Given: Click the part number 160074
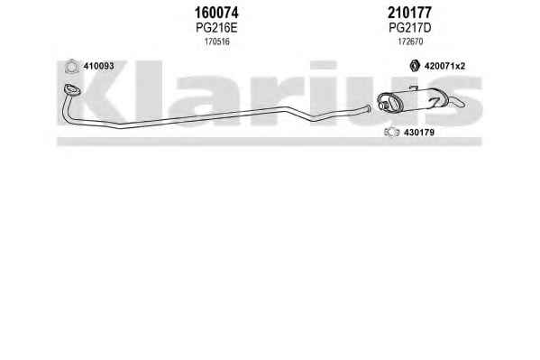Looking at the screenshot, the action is click(x=216, y=14).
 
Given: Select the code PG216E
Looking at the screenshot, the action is click(x=216, y=28).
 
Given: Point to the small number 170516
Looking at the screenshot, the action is click(x=217, y=42).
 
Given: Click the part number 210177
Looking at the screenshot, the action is click(x=409, y=14).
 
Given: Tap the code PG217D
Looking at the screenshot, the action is click(x=410, y=28).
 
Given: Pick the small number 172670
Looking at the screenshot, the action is click(x=410, y=42).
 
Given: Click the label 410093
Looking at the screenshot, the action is click(x=98, y=66).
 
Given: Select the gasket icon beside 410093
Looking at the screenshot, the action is click(x=71, y=66).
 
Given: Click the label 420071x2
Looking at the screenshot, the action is click(x=444, y=66).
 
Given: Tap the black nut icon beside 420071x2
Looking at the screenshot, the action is click(x=415, y=66).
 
